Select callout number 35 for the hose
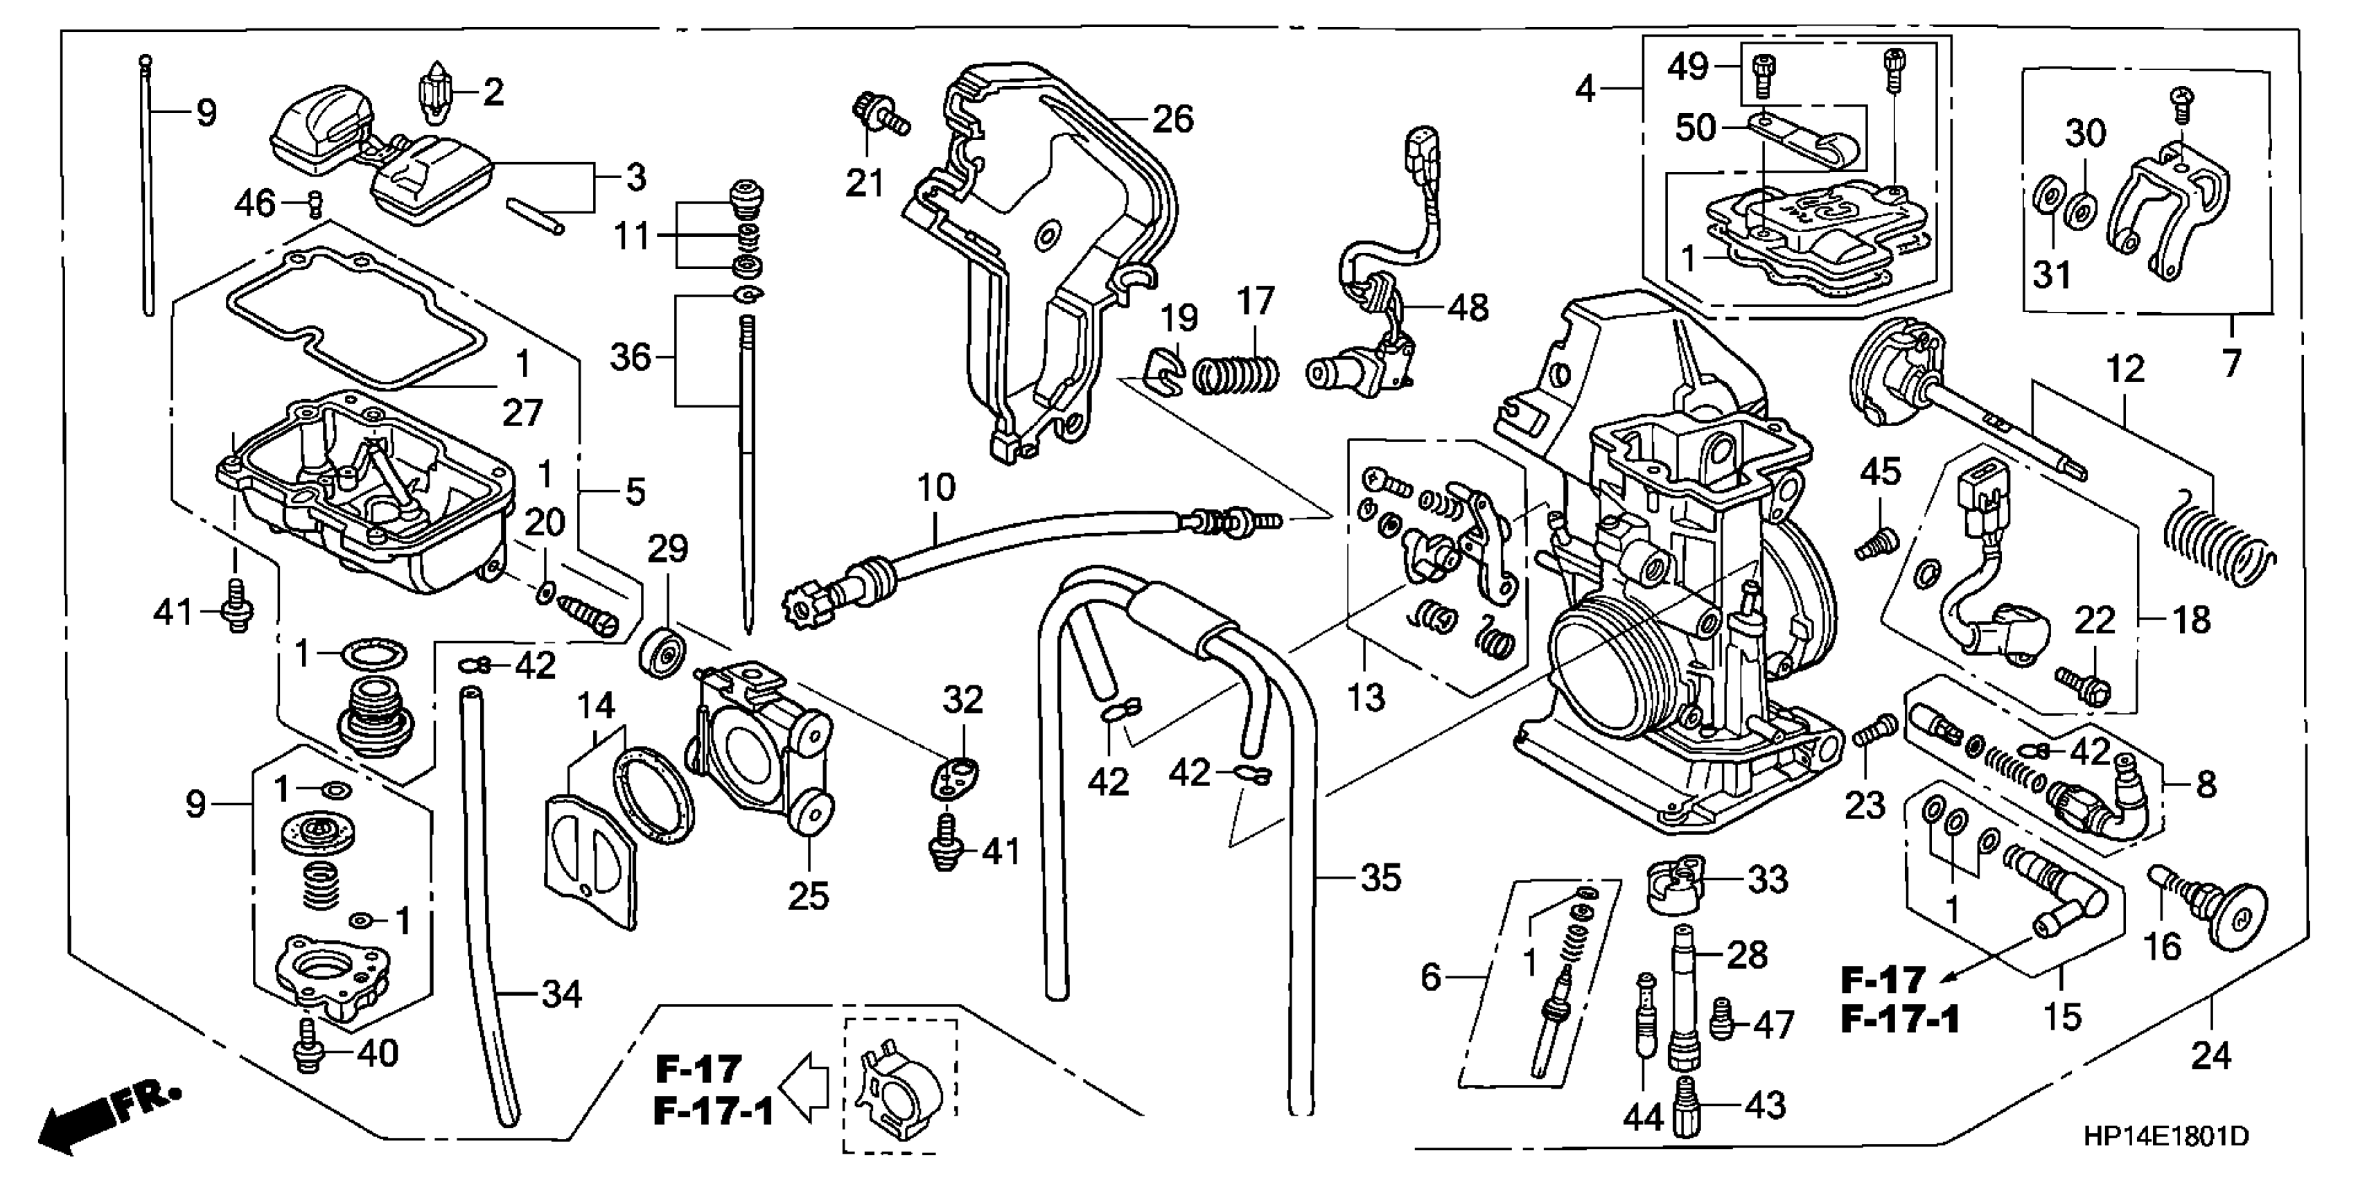1380,878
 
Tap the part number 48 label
1468,308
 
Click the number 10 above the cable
935,489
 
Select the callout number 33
1768,879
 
